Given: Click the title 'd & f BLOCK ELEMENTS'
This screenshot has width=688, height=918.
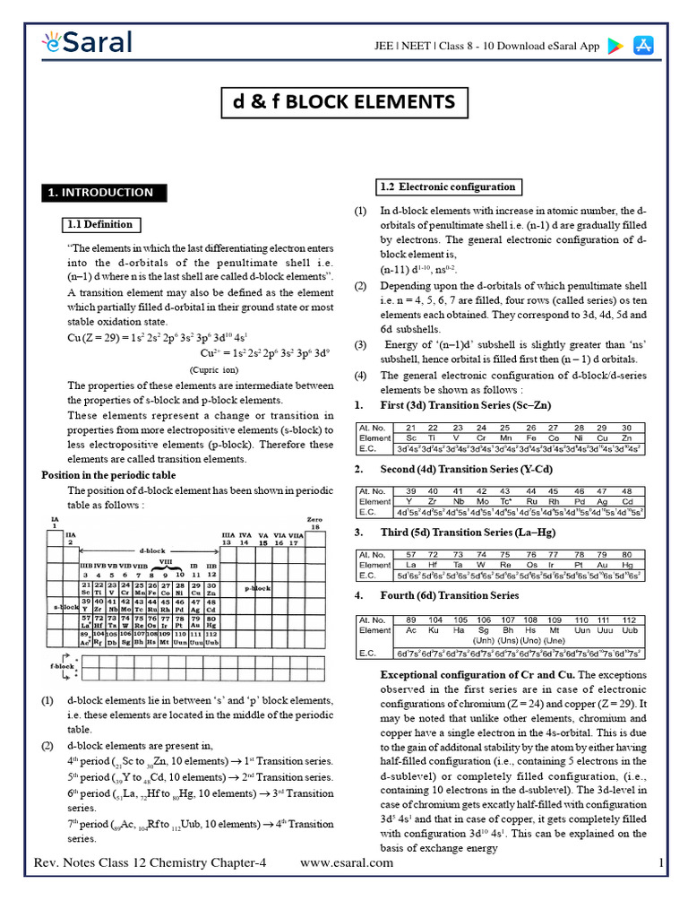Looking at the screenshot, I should point(343,101).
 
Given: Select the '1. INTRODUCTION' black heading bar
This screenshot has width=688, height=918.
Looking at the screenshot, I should point(99,192).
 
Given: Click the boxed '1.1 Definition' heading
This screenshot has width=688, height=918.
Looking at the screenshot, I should point(100,224).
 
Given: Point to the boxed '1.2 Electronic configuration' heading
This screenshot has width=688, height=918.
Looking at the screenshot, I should point(447,187).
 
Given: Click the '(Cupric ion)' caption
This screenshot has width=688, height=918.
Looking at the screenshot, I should point(213,369).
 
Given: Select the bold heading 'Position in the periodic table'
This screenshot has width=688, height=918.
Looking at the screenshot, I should point(109,475).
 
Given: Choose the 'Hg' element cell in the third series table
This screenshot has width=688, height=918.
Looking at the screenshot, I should point(627,566).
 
